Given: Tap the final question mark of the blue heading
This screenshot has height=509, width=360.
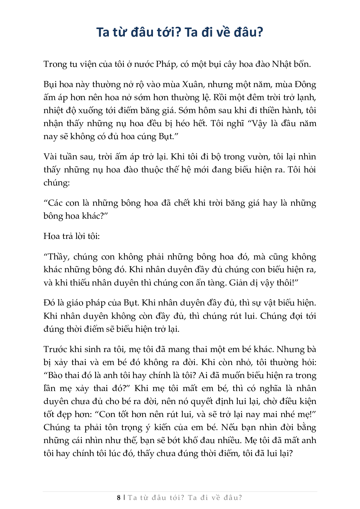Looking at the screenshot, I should [260, 32].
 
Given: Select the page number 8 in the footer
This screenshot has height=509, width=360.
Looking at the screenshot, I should [119, 498].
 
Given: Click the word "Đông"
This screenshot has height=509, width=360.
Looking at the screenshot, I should [305, 84].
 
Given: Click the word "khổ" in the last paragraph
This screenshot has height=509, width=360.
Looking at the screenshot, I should [191, 440].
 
